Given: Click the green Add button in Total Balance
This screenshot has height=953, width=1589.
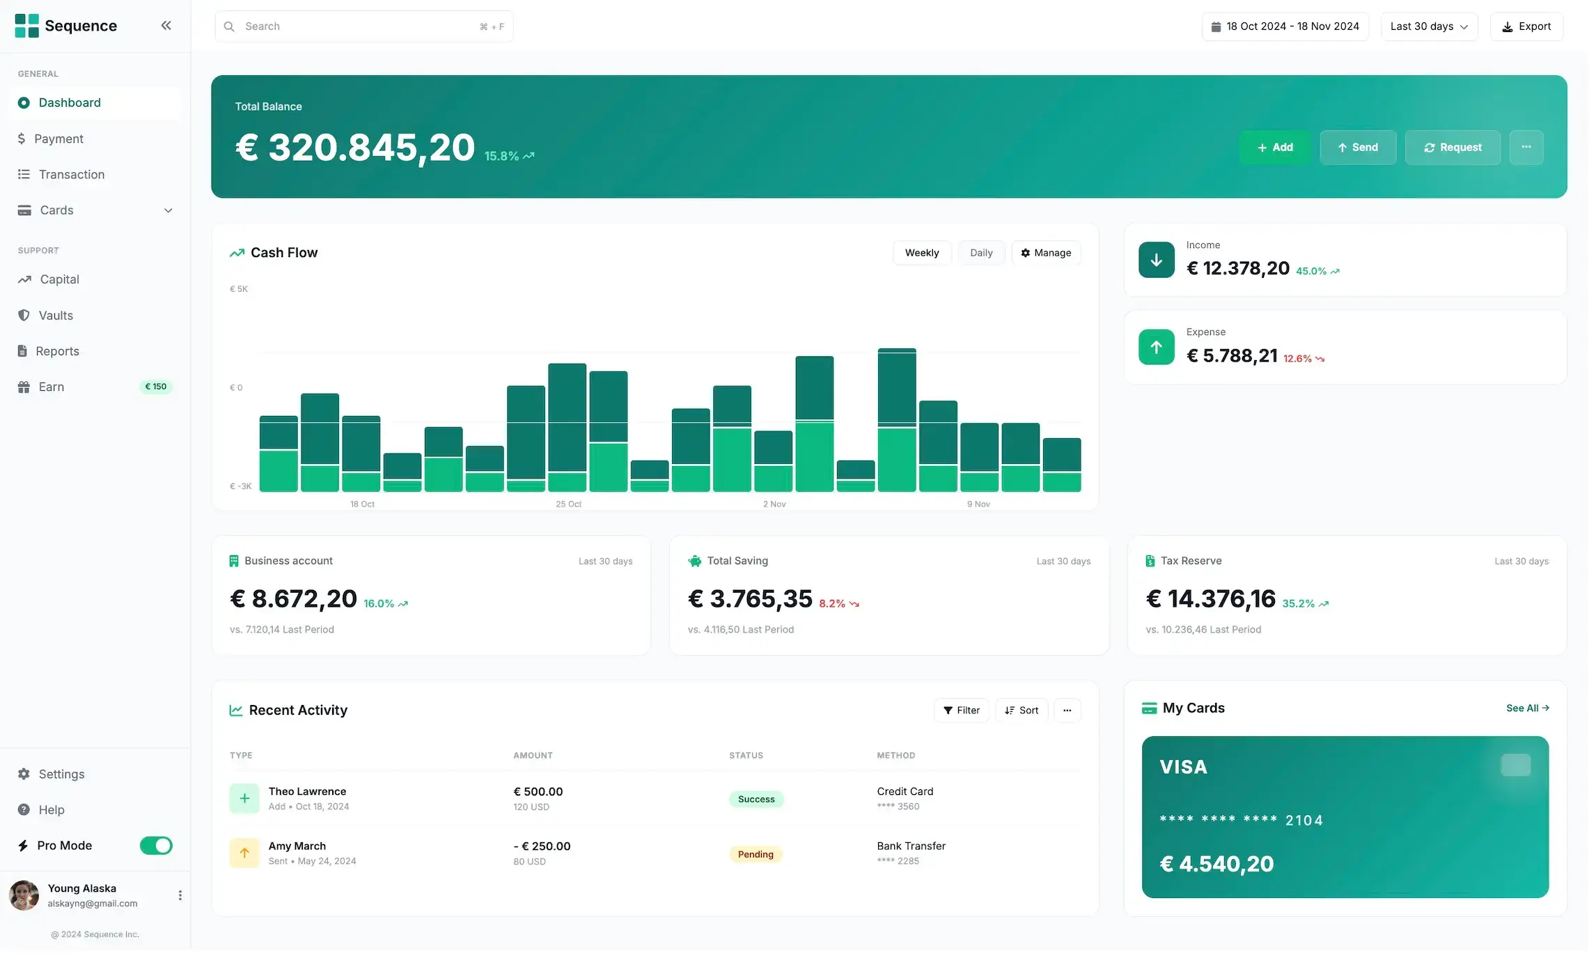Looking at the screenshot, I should (1274, 148).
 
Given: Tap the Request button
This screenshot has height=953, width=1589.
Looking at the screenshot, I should (1452, 148).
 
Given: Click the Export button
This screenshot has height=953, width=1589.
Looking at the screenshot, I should (1526, 26).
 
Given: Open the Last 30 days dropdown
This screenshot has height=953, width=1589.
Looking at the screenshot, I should (1428, 26).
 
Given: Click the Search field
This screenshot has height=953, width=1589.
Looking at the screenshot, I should (362, 26).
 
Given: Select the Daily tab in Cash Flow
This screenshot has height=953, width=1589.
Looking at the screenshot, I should (980, 253).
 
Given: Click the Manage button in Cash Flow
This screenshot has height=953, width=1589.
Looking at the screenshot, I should (1045, 253).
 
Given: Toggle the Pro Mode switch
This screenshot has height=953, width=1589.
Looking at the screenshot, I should (156, 846).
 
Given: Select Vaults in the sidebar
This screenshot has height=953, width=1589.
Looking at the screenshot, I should (56, 316).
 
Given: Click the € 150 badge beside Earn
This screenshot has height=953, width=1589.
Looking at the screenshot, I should (155, 387).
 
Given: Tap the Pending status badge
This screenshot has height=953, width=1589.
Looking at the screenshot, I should (755, 855).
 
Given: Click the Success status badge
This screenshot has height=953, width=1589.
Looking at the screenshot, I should (756, 800).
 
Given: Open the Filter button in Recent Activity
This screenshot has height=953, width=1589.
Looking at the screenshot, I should (961, 711).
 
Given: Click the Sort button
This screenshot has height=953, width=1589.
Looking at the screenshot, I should (1021, 711).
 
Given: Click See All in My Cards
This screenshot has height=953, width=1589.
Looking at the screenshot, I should (1527, 708).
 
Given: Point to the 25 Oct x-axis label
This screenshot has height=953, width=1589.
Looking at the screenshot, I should (568, 504).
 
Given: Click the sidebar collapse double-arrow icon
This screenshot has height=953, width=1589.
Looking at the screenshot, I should (166, 26).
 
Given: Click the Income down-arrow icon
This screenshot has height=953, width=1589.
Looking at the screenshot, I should (1156, 261).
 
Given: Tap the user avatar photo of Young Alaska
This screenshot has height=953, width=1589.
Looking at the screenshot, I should (24, 896).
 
